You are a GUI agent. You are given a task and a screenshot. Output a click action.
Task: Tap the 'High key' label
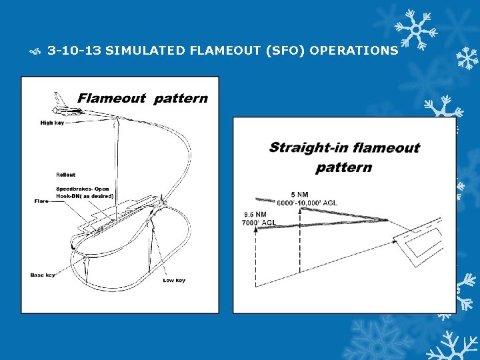tap(52, 123)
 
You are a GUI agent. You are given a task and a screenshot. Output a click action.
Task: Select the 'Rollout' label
tap(65, 175)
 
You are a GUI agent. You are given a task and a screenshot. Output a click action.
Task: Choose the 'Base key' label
tap(43, 275)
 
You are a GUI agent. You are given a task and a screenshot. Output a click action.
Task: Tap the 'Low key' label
tap(173, 280)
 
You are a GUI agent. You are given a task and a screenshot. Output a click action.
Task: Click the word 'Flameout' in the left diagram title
tap(111, 99)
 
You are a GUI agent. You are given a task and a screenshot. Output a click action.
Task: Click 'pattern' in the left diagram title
tap(180, 99)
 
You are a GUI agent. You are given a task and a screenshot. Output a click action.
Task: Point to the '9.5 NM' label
tap(255, 215)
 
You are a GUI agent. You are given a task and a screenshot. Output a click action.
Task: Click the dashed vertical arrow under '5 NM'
tap(301, 240)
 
